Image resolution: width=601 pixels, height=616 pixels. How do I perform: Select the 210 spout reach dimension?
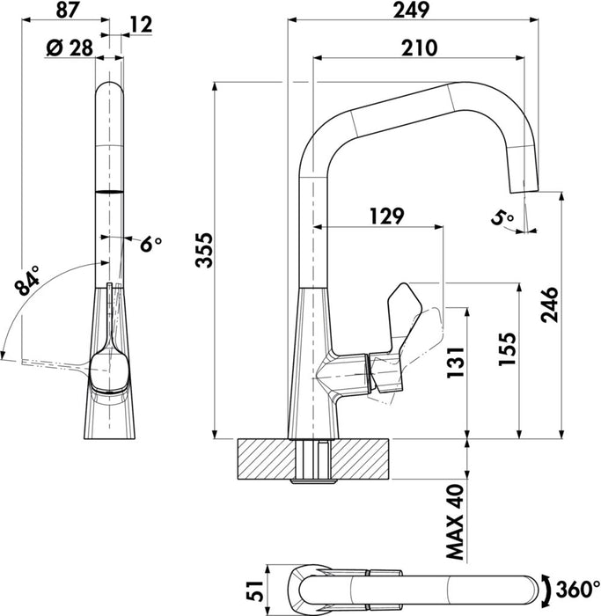(418, 48)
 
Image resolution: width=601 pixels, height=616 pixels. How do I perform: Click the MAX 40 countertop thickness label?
(455, 521)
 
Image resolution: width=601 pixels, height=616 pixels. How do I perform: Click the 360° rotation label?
(577, 587)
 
